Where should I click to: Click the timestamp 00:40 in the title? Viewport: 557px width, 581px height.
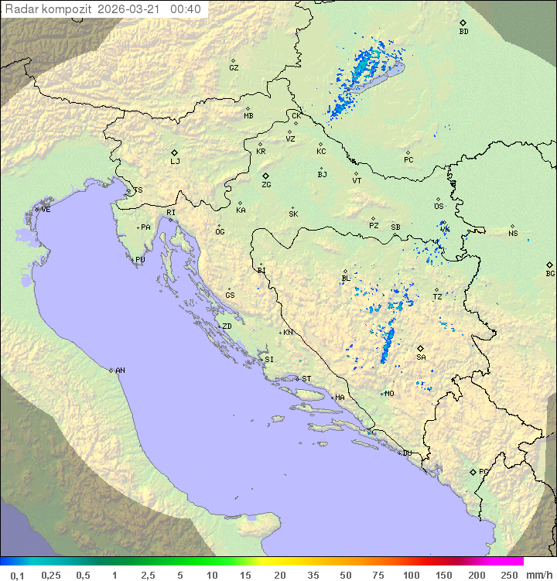[186, 9]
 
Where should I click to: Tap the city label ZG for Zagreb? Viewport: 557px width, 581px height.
[266, 185]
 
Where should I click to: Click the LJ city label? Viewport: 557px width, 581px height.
[175, 162]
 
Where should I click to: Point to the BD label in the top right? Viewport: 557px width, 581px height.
[463, 32]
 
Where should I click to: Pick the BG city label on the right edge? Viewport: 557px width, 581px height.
[550, 273]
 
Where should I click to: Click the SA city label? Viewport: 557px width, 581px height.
[421, 357]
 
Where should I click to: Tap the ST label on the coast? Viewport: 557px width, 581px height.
[306, 379]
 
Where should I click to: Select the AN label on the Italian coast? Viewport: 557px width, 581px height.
[120, 371]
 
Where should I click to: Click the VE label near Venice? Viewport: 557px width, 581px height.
[46, 210]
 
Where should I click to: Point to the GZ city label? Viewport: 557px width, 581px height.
[234, 68]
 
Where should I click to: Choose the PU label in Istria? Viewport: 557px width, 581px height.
[140, 260]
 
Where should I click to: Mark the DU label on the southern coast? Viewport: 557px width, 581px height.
[406, 453]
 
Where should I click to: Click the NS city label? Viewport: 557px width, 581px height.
[513, 234]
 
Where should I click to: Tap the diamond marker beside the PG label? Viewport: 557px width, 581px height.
[473, 471]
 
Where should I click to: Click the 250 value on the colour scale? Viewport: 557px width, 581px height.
[508, 575]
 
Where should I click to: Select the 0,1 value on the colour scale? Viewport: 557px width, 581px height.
[17, 575]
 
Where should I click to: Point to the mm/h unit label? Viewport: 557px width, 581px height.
[538, 575]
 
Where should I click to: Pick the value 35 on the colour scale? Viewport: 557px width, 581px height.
[313, 575]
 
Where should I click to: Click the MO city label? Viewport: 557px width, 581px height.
[389, 393]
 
